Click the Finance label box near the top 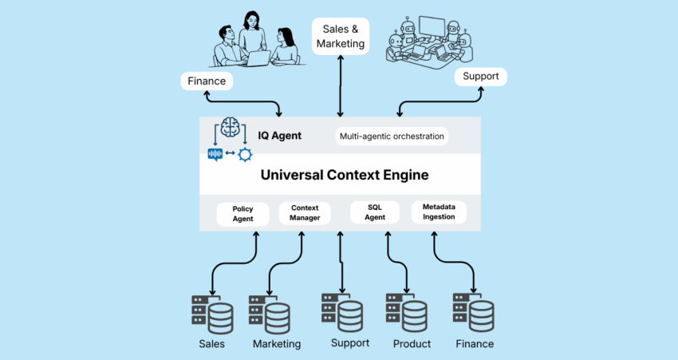[207, 81]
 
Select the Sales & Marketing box [341, 36]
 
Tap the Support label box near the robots [480, 77]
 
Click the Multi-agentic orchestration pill [391, 136]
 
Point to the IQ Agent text [279, 136]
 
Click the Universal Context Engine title [340, 175]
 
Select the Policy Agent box [242, 214]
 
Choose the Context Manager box [305, 213]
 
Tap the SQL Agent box [376, 212]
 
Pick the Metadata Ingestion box [439, 212]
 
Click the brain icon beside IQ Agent [230, 128]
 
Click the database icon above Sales [211, 313]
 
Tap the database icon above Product [405, 312]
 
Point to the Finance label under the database [474, 344]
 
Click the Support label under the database [349, 342]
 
